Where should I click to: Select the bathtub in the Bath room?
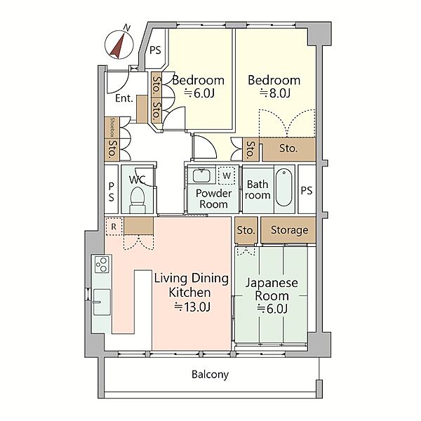[x=283, y=187]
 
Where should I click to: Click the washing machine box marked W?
[x=227, y=175]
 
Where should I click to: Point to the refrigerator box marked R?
[x=114, y=227]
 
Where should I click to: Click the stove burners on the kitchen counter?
[x=102, y=265]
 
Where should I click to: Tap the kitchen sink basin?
[x=102, y=302]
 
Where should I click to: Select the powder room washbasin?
[x=201, y=175]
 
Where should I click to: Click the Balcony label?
[x=210, y=374]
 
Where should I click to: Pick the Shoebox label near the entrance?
[x=113, y=127]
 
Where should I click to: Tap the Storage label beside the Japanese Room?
[x=289, y=230]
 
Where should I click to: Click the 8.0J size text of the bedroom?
[x=275, y=93]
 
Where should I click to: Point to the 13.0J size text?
[x=192, y=307]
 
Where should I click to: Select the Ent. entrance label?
[x=124, y=98]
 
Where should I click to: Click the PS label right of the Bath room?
[x=307, y=191]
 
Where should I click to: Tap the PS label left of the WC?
[x=111, y=192]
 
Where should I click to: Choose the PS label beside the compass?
[x=155, y=51]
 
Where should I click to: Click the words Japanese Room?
[x=272, y=289]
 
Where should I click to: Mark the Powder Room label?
[x=213, y=199]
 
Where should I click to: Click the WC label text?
[x=138, y=180]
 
